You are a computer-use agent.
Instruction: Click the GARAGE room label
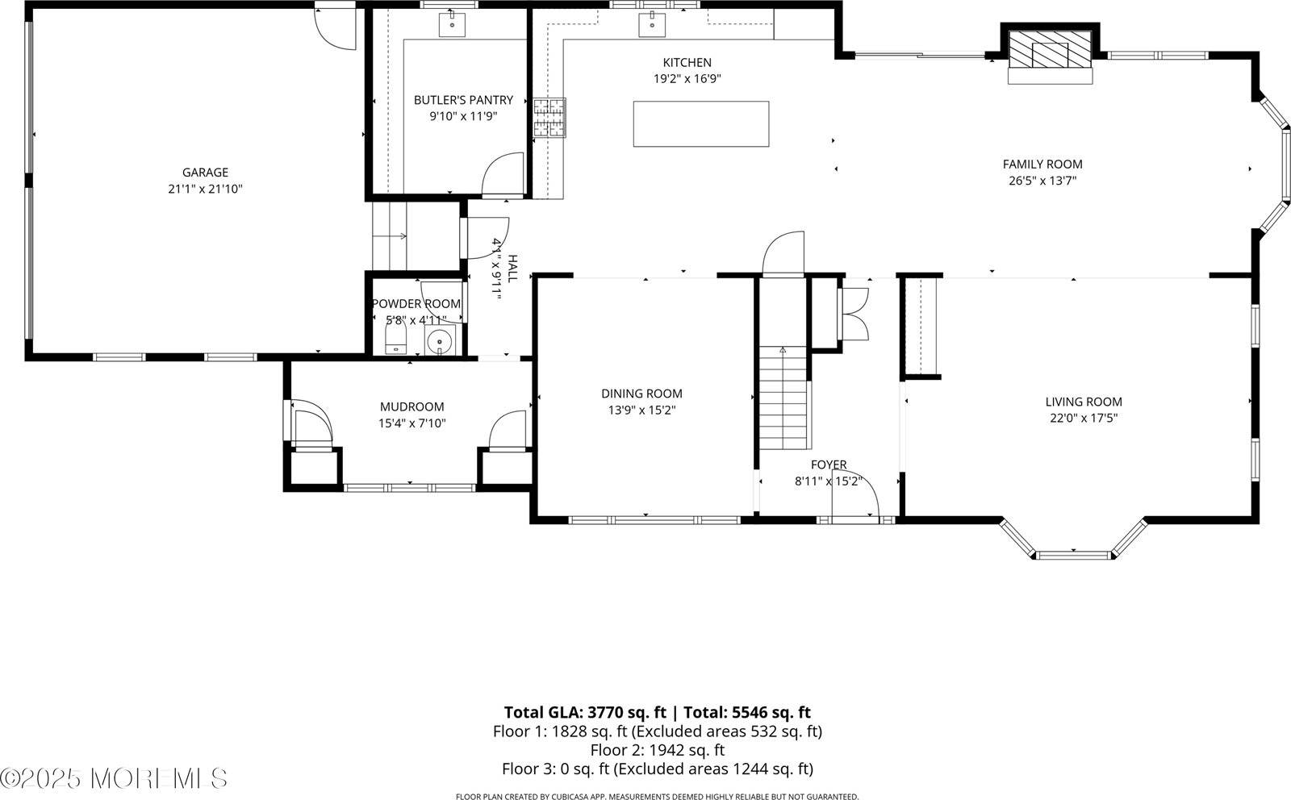click(205, 172)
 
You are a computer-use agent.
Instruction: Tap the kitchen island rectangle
click(700, 123)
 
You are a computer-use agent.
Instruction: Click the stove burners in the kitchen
click(549, 117)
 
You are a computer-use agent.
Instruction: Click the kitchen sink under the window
click(650, 24)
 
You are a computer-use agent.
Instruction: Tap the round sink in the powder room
click(439, 343)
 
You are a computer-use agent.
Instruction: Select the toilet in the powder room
click(395, 337)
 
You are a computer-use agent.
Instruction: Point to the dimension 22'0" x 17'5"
click(1083, 418)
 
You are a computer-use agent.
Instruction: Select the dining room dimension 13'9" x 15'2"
click(641, 410)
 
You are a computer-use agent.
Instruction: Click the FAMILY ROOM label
click(1042, 164)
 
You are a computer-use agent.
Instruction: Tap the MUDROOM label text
click(412, 406)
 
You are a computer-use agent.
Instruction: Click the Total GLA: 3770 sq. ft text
click(585, 712)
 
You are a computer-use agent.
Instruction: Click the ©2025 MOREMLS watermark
click(114, 778)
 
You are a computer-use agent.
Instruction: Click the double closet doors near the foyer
click(853, 314)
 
